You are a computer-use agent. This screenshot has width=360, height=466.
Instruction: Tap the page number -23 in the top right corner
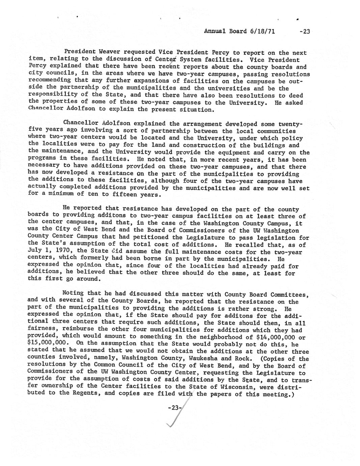(x=304, y=32)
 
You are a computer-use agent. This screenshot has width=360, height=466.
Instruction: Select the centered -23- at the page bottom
(x=175, y=408)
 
